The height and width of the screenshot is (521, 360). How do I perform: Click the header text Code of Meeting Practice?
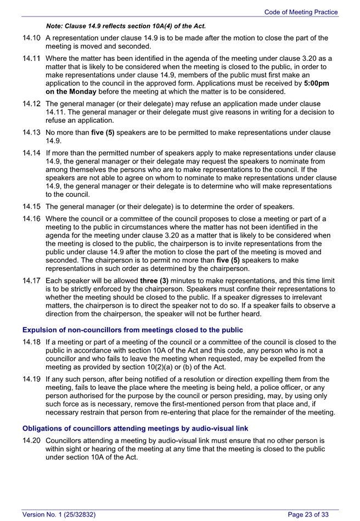(301, 12)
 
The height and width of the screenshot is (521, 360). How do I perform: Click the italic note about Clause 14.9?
(126, 26)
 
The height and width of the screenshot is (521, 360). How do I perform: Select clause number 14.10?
(32, 38)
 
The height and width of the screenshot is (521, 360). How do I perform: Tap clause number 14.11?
(32, 58)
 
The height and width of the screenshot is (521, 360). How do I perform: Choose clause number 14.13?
(32, 132)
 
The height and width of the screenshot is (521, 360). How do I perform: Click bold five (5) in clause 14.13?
(103, 132)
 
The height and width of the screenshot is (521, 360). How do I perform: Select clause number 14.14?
(32, 152)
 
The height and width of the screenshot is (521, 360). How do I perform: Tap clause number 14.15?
(32, 207)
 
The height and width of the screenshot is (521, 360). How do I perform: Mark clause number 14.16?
(32, 219)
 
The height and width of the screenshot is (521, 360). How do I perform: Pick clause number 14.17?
(32, 280)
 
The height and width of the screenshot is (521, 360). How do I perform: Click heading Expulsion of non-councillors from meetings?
(132, 330)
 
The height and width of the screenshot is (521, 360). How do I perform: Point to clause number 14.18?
(32, 342)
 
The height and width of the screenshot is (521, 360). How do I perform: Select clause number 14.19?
(32, 379)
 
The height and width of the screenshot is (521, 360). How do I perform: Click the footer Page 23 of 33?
(308, 514)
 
